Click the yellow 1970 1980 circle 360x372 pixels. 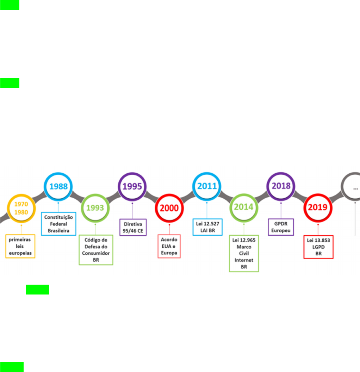click(x=21, y=208)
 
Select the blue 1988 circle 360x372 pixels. click(x=58, y=186)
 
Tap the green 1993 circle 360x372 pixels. click(x=95, y=208)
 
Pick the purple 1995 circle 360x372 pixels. click(x=132, y=186)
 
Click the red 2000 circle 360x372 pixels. click(x=169, y=208)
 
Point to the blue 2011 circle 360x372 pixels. click(x=207, y=186)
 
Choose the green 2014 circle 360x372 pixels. click(x=244, y=207)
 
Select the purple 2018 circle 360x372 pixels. click(x=281, y=186)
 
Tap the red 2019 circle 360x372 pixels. click(x=318, y=208)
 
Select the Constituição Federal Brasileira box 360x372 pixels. click(x=58, y=224)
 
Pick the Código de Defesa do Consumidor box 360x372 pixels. click(x=96, y=249)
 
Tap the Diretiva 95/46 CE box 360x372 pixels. click(x=133, y=228)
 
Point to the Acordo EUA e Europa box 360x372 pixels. click(x=169, y=246)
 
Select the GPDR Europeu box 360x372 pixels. click(x=281, y=228)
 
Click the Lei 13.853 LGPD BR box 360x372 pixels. click(x=318, y=247)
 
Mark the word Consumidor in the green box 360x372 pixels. click(x=96, y=253)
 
